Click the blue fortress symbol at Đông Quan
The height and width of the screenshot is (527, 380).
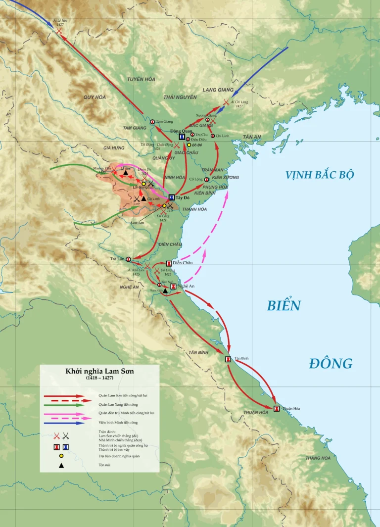(182, 137)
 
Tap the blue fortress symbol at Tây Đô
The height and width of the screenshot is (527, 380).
(171, 198)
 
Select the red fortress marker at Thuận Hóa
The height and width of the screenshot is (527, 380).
(277, 409)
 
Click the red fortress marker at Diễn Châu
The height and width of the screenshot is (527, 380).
(169, 263)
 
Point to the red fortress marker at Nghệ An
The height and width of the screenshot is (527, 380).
(174, 286)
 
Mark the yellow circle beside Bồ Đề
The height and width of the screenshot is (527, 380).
(189, 145)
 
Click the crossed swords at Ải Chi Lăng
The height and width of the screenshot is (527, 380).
(226, 102)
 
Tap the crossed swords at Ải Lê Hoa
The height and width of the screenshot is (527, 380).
(59, 31)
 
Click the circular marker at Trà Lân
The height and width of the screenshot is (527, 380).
(128, 259)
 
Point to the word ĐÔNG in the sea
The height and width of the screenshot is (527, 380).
(331, 363)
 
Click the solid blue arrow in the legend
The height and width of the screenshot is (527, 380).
(64, 423)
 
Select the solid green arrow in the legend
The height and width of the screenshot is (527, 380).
(64, 405)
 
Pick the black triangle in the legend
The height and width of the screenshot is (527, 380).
(61, 466)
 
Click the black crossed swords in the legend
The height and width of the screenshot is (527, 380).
(66, 436)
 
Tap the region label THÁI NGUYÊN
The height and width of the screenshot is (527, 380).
(180, 97)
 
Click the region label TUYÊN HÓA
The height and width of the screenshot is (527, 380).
(141, 79)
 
